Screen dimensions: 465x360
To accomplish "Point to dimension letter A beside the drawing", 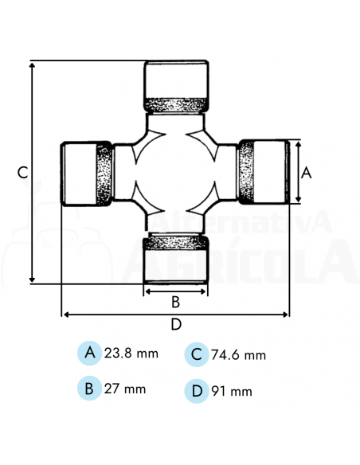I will [x=307, y=172].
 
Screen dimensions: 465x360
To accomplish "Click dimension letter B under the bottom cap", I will [x=176, y=302].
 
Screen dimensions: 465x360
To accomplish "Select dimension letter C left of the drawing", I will [x=23, y=172].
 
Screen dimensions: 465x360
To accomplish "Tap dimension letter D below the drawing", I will [x=176, y=324].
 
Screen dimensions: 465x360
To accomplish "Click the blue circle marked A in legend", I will [x=90, y=353].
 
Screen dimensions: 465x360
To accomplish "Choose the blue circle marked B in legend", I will [x=90, y=389].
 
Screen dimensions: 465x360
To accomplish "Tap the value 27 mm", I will [x=125, y=389].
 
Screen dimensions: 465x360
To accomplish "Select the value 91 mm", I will [x=232, y=391].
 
